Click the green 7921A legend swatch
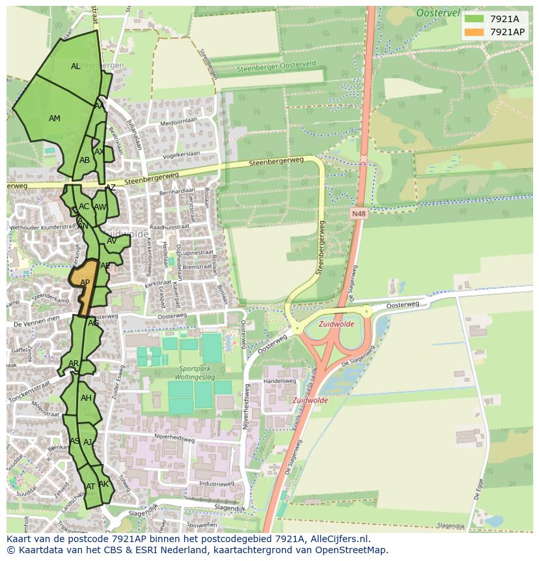point(474,19)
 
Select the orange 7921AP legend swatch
point(474,32)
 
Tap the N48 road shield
point(357,213)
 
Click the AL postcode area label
point(76,66)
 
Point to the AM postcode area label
point(55,119)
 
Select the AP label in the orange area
point(85,283)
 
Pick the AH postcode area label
point(86,398)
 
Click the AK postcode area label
point(104,484)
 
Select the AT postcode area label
point(90,487)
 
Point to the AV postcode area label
point(111,241)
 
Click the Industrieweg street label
point(217,484)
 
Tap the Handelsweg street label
point(280,381)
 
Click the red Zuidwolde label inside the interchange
point(337,324)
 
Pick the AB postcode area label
point(85,160)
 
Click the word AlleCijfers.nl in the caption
point(337,539)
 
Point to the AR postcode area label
point(74,364)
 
